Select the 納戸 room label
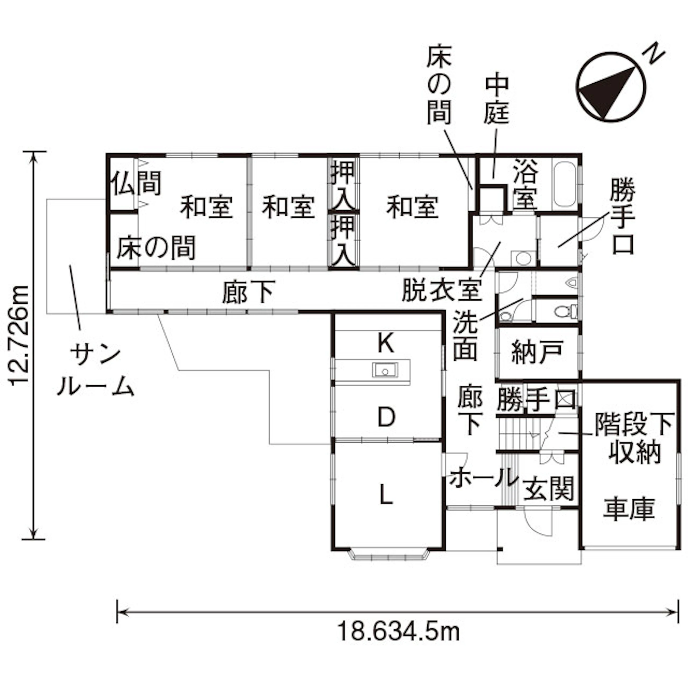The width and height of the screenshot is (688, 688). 537,352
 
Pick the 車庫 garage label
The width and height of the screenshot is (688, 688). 629,509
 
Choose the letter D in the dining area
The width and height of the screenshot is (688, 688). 386,417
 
